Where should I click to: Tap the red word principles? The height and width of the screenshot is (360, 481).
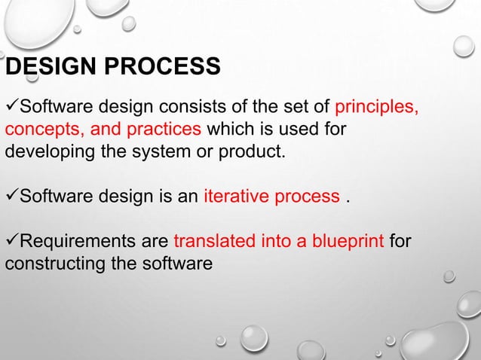(x=376, y=105)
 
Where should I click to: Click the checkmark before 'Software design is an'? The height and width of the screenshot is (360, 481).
(x=11, y=197)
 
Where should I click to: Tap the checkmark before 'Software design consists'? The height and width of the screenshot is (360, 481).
(x=11, y=105)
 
